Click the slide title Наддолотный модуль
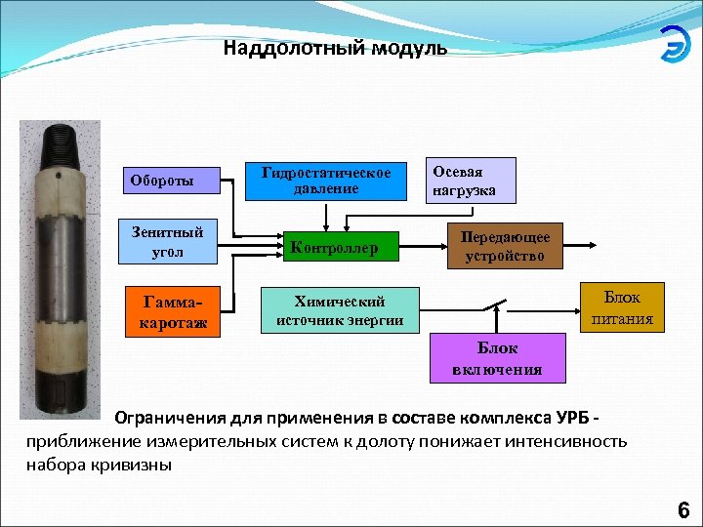point(335,48)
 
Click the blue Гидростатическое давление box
point(327,181)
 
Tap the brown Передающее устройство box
point(504,247)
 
